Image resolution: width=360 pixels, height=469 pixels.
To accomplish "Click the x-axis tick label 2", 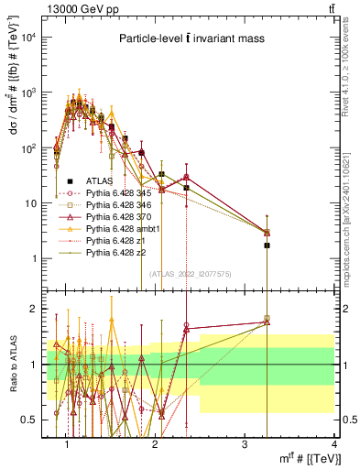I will coord(157,444).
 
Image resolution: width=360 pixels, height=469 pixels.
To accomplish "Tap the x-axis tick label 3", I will coord(245,444).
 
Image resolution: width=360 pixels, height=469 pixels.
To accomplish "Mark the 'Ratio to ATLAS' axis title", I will coord(13,364).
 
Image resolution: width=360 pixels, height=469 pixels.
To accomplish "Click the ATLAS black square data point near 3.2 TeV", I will coord(267,245).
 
